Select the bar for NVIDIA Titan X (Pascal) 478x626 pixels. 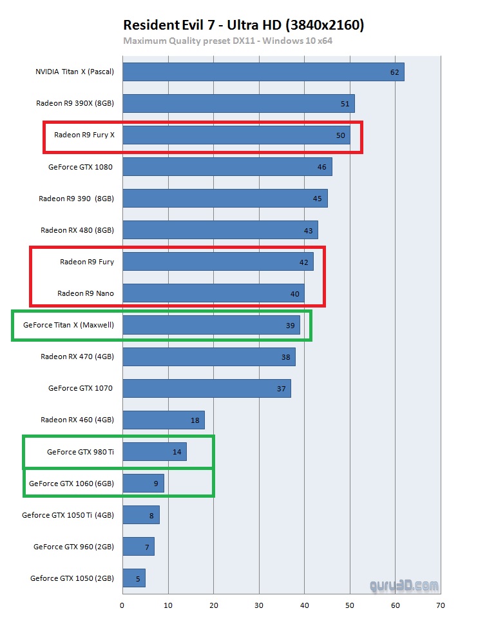click(263, 72)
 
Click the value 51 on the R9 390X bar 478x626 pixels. click(345, 104)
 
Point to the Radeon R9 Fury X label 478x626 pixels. click(84, 135)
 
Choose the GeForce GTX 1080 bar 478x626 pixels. click(227, 167)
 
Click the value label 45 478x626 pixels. click(317, 199)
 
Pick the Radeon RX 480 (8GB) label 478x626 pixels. click(77, 230)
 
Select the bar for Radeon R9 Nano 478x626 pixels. click(213, 293)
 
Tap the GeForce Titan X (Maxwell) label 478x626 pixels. click(68, 325)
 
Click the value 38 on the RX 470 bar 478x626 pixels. click(285, 357)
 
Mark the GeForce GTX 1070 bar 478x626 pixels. click(206, 388)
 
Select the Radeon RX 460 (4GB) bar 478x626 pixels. click(163, 420)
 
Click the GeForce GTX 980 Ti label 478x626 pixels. click(80, 452)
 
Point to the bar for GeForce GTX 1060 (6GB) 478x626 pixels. click(143, 484)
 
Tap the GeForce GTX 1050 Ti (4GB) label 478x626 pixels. click(68, 515)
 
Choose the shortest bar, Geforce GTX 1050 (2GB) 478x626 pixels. click(133, 578)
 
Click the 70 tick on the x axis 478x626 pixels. click(440, 605)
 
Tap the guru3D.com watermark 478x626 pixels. click(404, 586)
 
